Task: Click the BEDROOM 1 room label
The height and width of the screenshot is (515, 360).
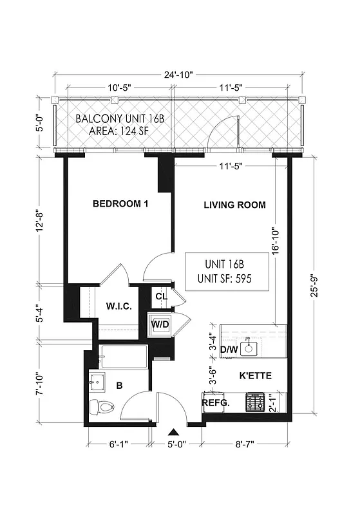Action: coord(120,204)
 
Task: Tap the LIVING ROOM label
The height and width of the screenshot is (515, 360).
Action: coord(234,205)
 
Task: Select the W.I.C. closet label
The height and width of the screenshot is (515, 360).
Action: coord(118,306)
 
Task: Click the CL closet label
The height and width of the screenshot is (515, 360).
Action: coord(162,296)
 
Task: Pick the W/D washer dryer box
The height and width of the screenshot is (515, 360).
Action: coord(160,324)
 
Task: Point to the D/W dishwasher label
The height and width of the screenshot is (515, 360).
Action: coord(229,350)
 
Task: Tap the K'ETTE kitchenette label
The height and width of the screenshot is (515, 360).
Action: coord(256,375)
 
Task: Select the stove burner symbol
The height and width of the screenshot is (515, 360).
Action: coord(254,403)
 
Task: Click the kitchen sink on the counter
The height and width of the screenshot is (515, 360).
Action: coord(251,349)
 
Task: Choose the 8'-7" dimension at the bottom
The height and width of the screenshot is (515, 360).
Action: coord(245,444)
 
